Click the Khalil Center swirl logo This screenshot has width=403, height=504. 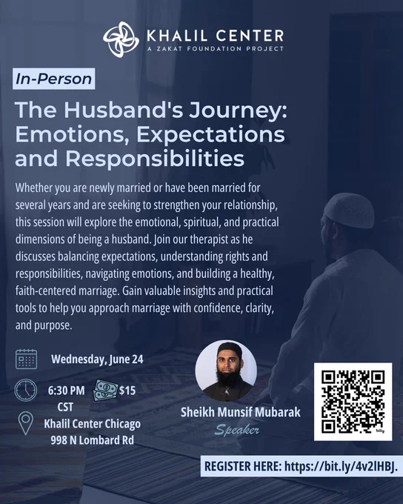click(x=121, y=39)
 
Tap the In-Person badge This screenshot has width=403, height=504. click(x=53, y=79)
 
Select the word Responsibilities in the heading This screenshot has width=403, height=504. click(x=155, y=159)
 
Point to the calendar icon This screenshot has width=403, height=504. click(x=27, y=359)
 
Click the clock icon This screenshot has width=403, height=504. click(x=26, y=390)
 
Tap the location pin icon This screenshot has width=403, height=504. click(x=26, y=423)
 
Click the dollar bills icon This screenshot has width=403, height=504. click(x=105, y=390)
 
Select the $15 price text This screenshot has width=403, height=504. click(x=127, y=391)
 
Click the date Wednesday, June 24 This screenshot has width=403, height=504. click(x=97, y=359)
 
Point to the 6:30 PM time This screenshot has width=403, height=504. click(x=66, y=391)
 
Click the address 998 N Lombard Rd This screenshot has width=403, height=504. click(x=93, y=440)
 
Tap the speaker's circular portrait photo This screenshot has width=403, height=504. click(x=226, y=371)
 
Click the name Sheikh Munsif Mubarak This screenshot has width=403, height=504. click(x=240, y=412)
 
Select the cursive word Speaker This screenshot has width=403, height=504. click(x=237, y=430)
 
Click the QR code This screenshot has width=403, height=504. click(x=353, y=402)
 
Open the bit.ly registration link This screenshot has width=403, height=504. click(x=341, y=466)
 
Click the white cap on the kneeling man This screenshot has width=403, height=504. click(x=349, y=210)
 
